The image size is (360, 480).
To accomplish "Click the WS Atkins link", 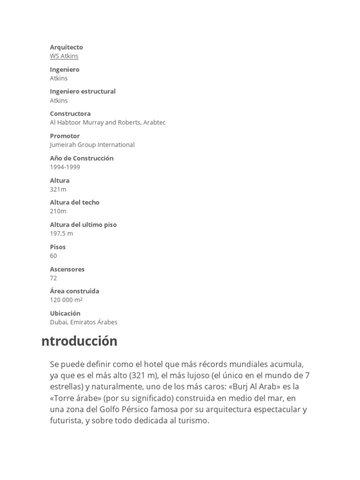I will tap(64, 56).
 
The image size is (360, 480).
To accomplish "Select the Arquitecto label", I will tap(67, 47).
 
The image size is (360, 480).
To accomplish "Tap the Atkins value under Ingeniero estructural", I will tap(59, 100).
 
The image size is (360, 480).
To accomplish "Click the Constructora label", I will tap(70, 114).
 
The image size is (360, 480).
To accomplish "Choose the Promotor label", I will tap(65, 136).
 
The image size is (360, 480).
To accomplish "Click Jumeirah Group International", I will tap(92, 145).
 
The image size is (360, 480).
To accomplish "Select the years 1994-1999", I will tap(65, 167).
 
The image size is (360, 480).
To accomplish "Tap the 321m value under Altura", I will tap(58, 189).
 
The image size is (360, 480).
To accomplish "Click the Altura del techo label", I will tap(75, 202).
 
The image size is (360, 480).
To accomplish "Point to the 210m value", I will tap(58, 211).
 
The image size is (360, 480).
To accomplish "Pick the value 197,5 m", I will tap(61, 233).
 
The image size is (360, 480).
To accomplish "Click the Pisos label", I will tap(58, 247).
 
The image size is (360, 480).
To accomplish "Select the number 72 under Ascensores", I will tap(53, 278).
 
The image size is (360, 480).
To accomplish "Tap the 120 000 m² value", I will tap(67, 300).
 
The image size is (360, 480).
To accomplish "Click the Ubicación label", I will tap(66, 313).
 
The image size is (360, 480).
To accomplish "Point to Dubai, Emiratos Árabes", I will tap(84, 322).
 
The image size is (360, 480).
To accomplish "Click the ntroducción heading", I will tap(80, 341).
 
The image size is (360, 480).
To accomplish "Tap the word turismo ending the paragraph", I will tap(191, 420).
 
